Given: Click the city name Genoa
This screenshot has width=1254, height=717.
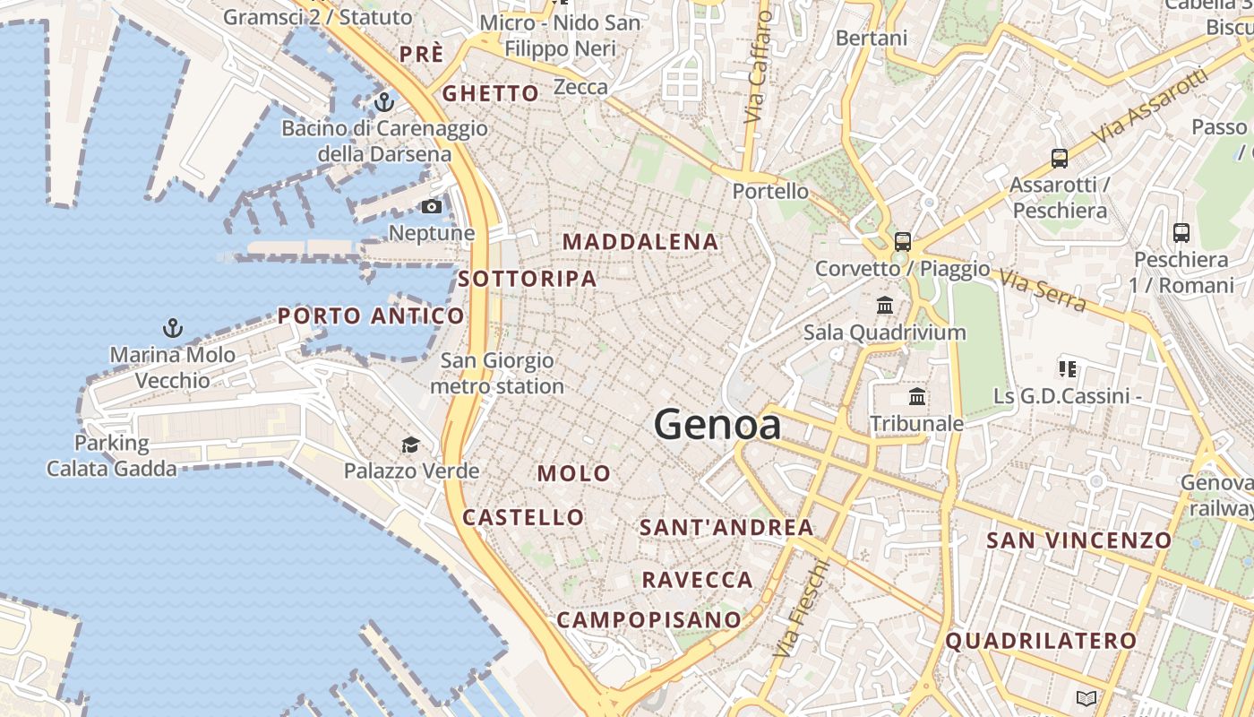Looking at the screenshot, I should point(717,424).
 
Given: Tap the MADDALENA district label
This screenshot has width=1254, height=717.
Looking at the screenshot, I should point(640,242).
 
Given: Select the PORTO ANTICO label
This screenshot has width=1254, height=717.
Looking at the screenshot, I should point(371,315).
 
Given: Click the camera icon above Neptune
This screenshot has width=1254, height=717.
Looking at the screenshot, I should point(432,207).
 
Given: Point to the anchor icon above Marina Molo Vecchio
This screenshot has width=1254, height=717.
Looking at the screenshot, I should point(173,329).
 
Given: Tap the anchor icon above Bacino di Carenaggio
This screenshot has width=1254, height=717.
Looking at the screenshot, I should point(384,102).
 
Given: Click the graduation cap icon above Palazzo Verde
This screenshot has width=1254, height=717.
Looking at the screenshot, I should point(410,445).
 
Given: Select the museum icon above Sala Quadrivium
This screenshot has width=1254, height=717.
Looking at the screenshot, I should point(885,306).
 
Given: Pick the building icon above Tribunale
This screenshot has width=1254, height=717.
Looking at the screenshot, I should point(917,397).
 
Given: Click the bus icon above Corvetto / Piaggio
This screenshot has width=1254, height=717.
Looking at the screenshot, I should point(902,242).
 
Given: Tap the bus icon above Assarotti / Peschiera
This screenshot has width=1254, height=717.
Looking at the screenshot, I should point(1060,159).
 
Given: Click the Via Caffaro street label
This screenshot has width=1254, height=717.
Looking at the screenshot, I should point(758,67).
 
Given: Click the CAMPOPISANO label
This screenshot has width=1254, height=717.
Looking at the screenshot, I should point(649,619).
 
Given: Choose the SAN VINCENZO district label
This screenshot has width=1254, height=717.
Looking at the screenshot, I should point(1078,540).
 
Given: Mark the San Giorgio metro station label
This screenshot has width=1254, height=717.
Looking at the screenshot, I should point(497,374).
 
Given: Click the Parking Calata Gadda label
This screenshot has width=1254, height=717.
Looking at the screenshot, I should point(112,455).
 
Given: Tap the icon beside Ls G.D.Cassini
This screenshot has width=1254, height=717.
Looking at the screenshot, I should point(1067,368).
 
